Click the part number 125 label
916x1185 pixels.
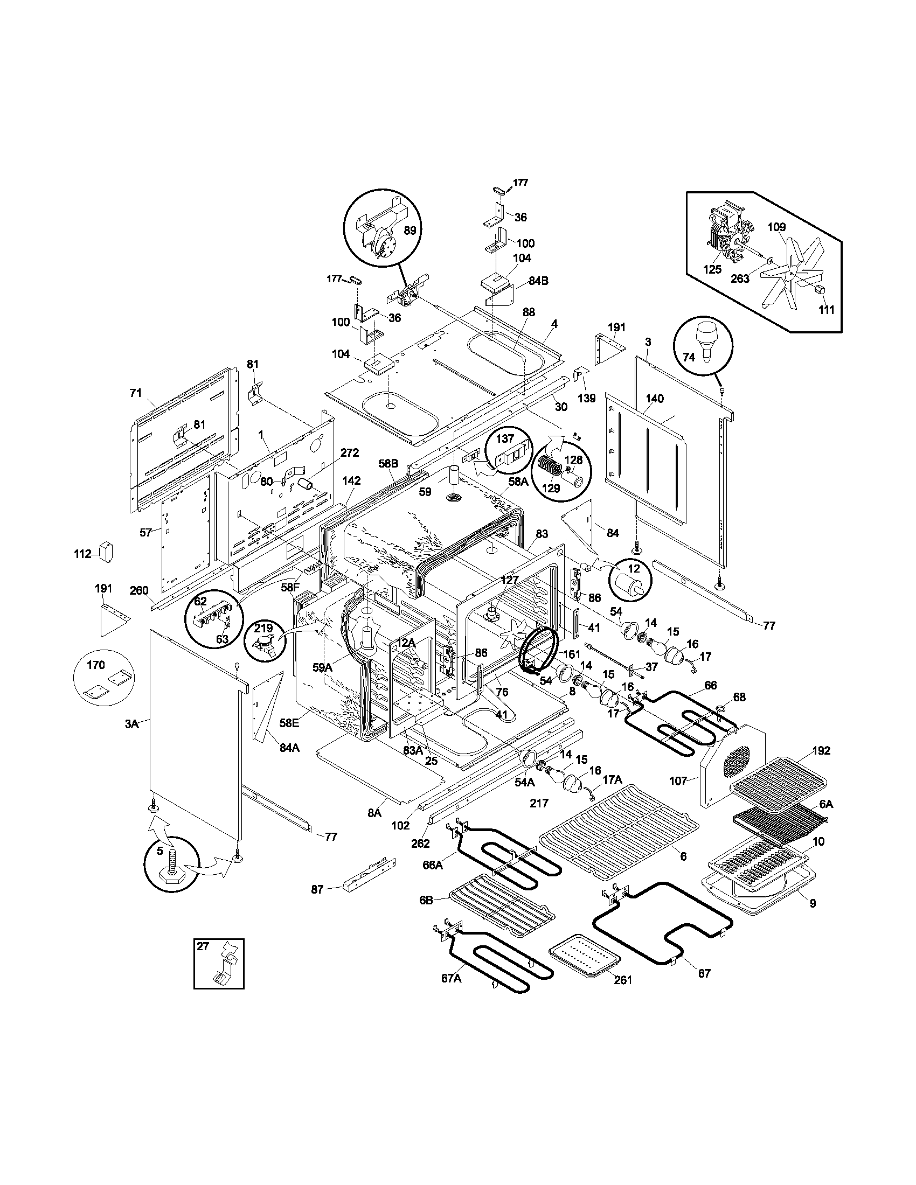[x=712, y=270]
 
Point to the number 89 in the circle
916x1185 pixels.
[x=410, y=230]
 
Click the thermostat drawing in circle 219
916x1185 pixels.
[x=267, y=646]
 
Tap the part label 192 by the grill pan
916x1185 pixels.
[x=821, y=750]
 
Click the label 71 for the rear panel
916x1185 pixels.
[x=136, y=393]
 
